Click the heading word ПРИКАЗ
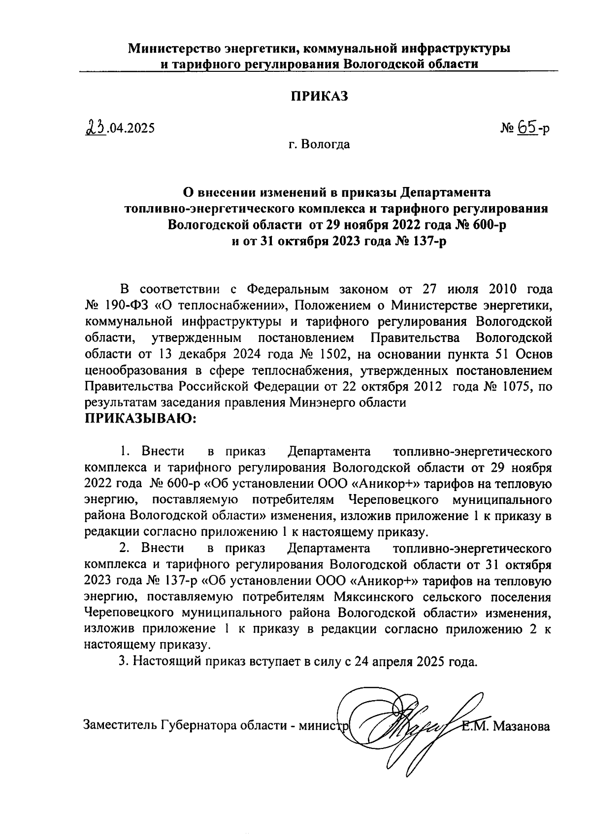[x=318, y=96]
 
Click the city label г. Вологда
[x=319, y=145]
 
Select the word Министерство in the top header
[x=173, y=49]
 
